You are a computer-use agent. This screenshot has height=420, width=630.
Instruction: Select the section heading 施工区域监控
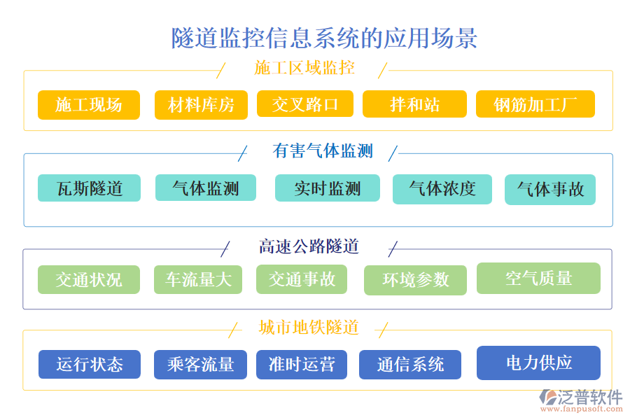click(304, 68)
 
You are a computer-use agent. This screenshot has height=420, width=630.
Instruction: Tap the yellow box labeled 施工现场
click(89, 105)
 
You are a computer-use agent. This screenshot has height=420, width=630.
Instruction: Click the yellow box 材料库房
click(201, 106)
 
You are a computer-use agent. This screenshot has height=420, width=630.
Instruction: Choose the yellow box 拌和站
click(414, 104)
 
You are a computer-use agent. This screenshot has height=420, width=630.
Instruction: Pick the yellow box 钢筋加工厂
click(535, 104)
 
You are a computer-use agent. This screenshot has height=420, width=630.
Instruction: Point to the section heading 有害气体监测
click(322, 150)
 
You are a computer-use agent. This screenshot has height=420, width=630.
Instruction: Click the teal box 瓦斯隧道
click(89, 188)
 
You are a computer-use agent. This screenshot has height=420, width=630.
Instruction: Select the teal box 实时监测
click(327, 188)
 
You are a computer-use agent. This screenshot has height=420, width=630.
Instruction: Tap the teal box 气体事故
click(550, 190)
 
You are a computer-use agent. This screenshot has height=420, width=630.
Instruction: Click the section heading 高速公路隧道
click(309, 246)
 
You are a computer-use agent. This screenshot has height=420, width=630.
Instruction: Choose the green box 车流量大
click(198, 279)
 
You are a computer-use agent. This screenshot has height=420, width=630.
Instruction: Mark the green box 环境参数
click(415, 280)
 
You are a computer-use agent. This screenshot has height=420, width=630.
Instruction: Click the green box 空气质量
click(538, 278)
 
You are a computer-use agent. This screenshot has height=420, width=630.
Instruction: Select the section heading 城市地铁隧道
click(309, 327)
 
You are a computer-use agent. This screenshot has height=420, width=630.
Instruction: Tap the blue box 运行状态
click(89, 365)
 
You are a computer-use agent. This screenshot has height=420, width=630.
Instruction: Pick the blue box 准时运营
click(302, 365)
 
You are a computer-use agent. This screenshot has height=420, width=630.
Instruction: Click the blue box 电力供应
click(538, 363)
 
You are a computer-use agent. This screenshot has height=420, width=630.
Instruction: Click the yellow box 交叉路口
click(305, 104)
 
